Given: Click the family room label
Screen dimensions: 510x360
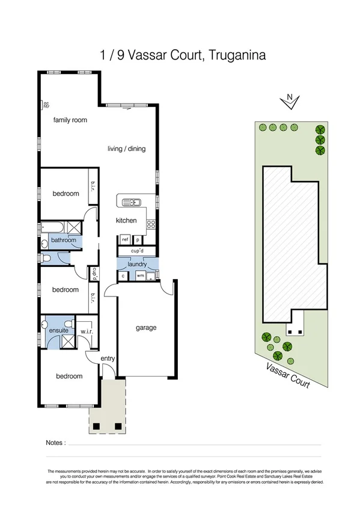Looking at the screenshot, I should tap(70, 120).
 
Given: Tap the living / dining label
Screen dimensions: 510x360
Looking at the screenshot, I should tap(126, 149).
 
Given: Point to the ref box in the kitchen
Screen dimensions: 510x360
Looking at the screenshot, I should tap(126, 239).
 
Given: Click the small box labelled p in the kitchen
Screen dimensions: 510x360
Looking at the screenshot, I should tap(138, 239).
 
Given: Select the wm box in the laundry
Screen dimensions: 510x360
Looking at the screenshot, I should tap(139, 276).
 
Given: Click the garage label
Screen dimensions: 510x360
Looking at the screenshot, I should tap(145, 328).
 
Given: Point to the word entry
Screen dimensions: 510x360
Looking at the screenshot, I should tap(108, 358).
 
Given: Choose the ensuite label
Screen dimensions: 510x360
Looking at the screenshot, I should tap(59, 331).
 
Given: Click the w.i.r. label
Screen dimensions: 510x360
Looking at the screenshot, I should tap(88, 331).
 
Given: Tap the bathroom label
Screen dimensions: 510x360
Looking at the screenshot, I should tap(63, 241).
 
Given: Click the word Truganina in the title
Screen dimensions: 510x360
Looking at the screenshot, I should tap(233, 56).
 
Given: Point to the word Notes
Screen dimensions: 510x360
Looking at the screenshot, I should tap(55, 443).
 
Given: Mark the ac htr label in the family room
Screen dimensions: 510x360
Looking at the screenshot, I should tap(46, 105).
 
